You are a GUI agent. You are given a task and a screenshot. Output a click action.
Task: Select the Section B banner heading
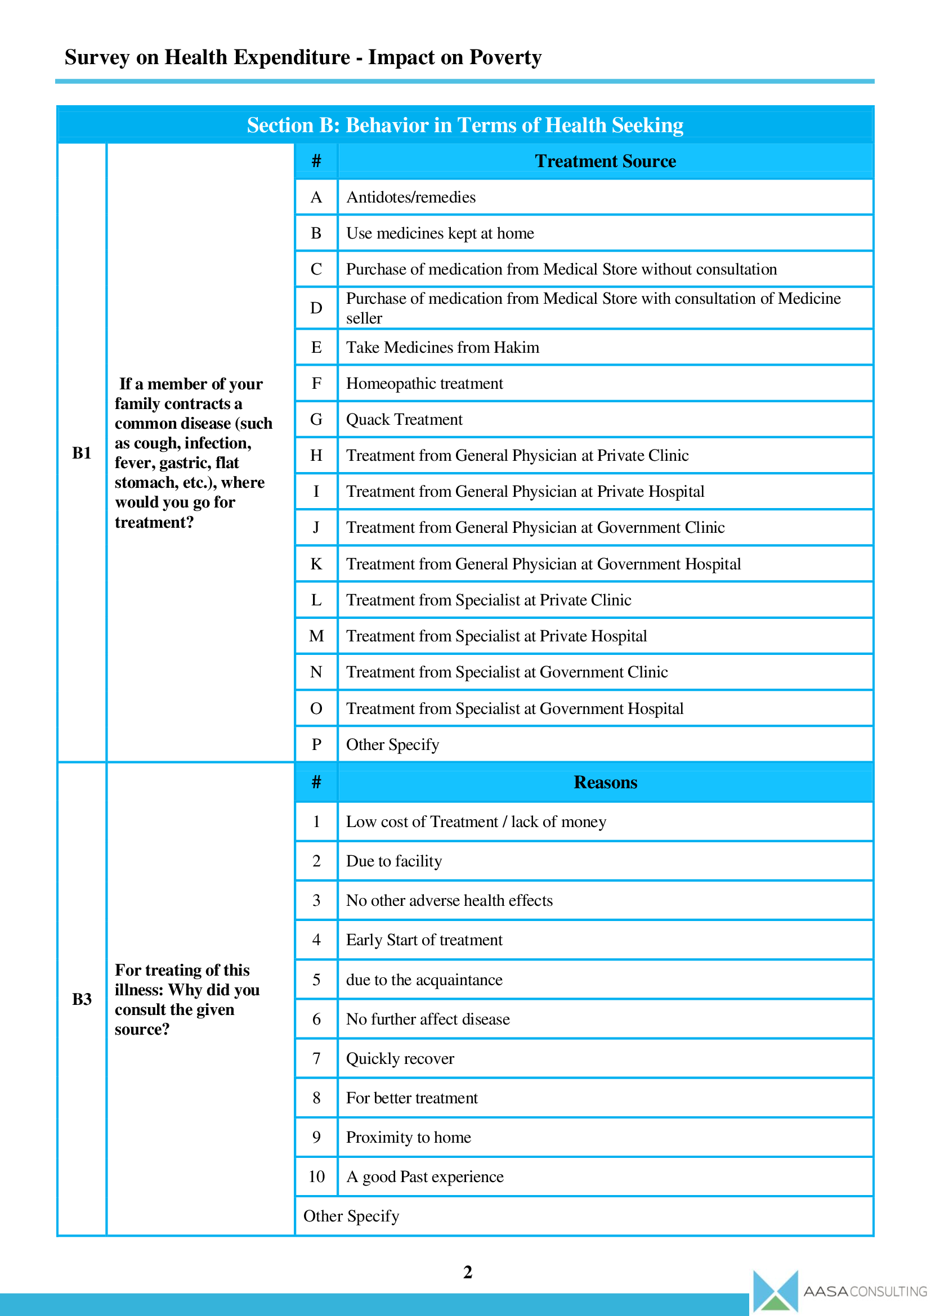[x=465, y=125]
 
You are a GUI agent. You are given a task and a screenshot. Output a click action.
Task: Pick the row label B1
[x=82, y=453]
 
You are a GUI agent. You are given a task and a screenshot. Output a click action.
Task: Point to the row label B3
[x=82, y=999]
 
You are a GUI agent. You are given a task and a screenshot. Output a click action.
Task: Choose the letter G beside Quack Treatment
[x=316, y=420]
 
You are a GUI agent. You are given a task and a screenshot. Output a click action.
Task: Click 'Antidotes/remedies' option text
[x=410, y=197]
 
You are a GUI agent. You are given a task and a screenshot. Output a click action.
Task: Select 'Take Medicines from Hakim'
[x=442, y=347]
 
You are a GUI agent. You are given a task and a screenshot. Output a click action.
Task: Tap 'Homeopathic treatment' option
[x=424, y=384]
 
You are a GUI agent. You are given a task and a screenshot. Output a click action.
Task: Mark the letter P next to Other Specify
[x=316, y=744]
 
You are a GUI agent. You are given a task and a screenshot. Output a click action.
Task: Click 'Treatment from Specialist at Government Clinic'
[x=507, y=672]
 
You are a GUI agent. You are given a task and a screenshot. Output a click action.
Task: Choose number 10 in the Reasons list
[x=316, y=1176]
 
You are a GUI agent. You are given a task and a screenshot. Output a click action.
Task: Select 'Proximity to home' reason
[x=408, y=1137]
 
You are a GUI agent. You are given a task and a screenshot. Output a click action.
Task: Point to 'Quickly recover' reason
[x=400, y=1059]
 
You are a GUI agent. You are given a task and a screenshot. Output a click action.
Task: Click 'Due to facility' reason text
[x=394, y=861]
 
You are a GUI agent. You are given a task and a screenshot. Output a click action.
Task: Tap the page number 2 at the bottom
[x=467, y=1272]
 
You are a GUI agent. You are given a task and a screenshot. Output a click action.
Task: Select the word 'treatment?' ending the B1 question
[x=154, y=522]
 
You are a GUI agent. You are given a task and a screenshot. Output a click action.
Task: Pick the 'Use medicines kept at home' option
[x=440, y=233]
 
